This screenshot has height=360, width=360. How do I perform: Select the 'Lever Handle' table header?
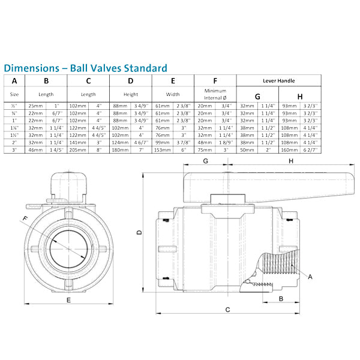tap(279, 80)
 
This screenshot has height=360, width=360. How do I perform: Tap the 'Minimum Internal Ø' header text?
tap(215, 94)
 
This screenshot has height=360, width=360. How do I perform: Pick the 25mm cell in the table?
tap(35, 106)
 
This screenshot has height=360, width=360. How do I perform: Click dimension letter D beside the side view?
tap(139, 233)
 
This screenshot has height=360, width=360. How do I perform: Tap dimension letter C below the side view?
tap(227, 310)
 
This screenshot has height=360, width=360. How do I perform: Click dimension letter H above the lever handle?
tap(290, 161)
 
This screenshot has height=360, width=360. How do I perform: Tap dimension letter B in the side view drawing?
tap(280, 298)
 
